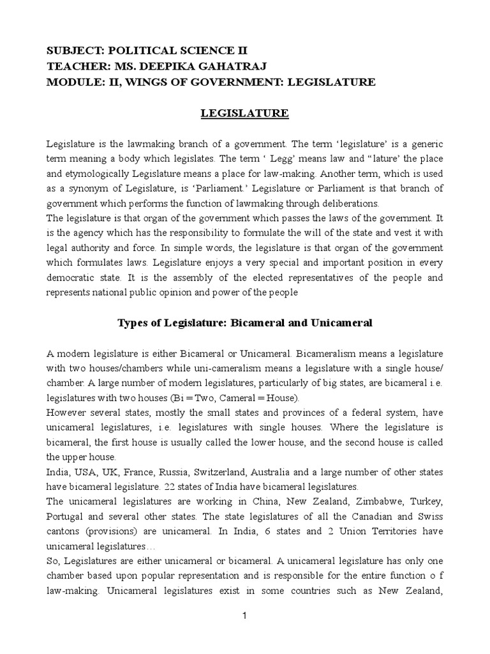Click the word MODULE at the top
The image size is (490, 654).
[x=71, y=82]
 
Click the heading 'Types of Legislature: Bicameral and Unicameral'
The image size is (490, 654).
[x=245, y=323]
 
